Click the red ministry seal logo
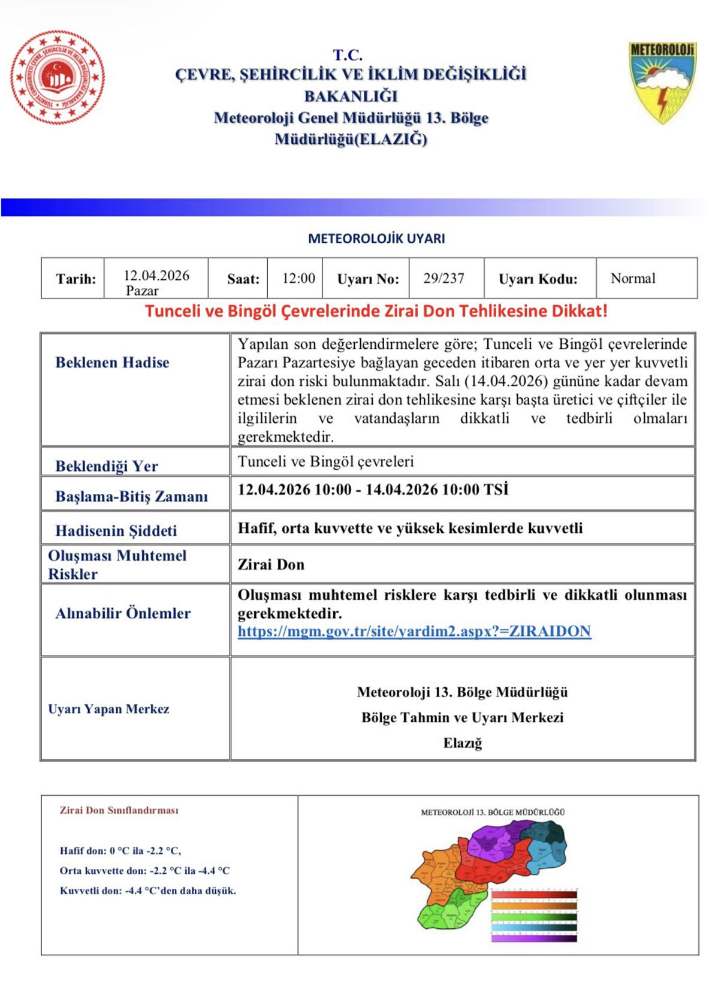[58, 77]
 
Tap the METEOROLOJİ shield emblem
[662, 81]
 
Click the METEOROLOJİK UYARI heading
[376, 239]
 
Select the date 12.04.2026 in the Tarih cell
[156, 276]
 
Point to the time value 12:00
[298, 278]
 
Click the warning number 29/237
[443, 278]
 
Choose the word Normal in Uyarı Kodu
[633, 278]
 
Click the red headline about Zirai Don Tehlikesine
[376, 311]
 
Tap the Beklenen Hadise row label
[112, 363]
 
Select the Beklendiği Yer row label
[107, 466]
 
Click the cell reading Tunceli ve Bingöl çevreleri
[325, 461]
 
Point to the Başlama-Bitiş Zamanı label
[131, 496]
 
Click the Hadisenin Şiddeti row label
[116, 530]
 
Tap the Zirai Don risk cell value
[271, 565]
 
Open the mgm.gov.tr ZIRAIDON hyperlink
[414, 632]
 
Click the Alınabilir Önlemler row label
[123, 613]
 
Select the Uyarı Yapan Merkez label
[108, 709]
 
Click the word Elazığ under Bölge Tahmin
[462, 743]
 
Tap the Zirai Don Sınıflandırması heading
[119, 810]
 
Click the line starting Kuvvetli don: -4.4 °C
[147, 891]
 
